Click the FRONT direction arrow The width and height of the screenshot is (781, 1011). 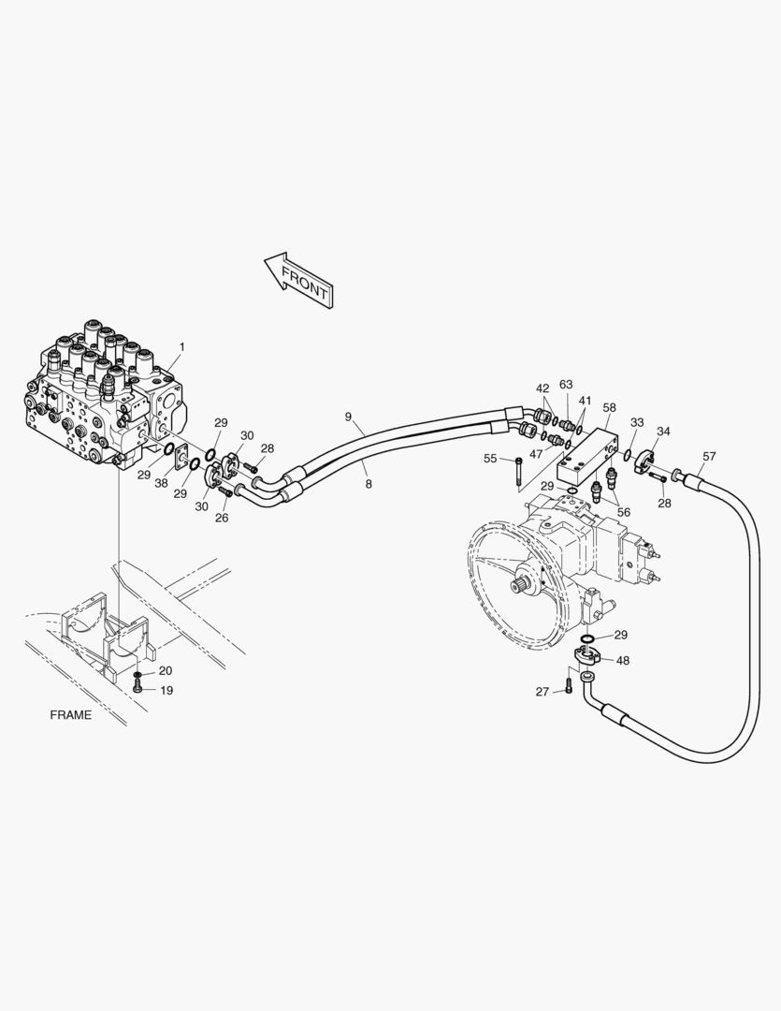297,278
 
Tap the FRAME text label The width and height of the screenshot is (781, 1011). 71,715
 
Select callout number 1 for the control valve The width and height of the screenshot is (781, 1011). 182,347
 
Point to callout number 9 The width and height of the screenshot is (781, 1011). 348,417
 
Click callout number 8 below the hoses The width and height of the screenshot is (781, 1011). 369,484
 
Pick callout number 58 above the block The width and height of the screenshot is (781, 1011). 609,408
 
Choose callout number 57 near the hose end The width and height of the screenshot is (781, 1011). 709,457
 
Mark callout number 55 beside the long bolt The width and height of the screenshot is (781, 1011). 490,459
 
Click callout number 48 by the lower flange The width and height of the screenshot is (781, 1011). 622,660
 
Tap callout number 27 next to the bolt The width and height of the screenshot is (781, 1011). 542,692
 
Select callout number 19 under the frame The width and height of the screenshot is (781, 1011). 166,691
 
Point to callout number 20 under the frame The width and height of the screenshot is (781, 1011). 166,671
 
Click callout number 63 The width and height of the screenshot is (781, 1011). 566,385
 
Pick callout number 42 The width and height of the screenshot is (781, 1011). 542,388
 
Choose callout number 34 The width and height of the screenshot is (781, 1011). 663,432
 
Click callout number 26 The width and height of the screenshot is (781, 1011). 222,518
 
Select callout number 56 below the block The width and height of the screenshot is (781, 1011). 623,512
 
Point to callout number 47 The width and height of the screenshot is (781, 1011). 536,453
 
